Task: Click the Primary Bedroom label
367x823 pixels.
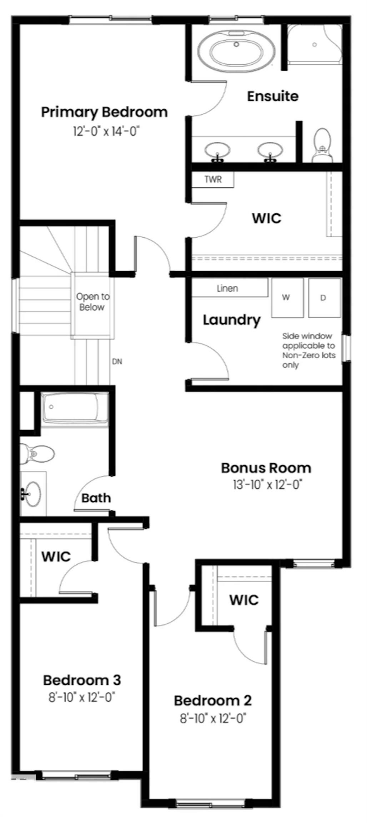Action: pos(104,112)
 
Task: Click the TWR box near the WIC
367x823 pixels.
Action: pos(213,179)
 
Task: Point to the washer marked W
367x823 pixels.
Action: pos(287,298)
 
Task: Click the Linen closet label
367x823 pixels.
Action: pos(227,288)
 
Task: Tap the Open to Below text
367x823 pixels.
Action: pos(92,302)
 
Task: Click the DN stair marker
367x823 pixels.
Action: pos(117,361)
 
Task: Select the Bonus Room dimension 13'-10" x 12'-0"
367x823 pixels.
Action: pos(267,485)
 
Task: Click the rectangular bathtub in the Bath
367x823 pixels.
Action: pos(75,408)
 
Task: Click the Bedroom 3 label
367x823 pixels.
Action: pos(82,680)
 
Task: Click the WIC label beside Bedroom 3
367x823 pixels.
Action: pos(56,556)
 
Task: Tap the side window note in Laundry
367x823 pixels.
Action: pos(308,350)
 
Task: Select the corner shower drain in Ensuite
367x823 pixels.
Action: pos(315,45)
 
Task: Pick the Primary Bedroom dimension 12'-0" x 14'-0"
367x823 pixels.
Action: pos(106,131)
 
